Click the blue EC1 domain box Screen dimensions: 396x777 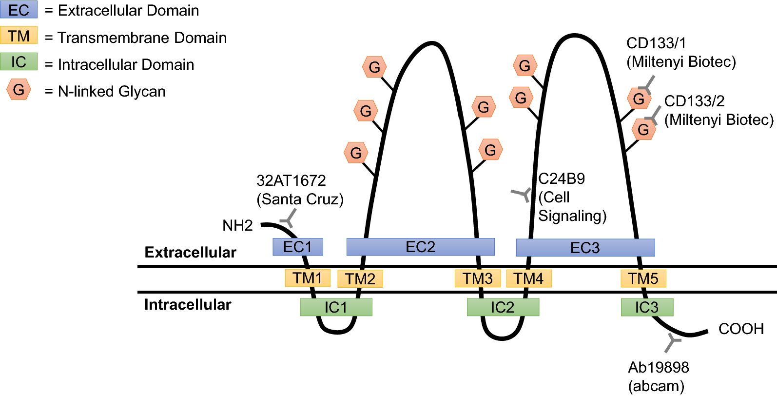point(297,247)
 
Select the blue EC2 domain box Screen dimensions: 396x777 point(420,247)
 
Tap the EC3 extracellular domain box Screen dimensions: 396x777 point(585,248)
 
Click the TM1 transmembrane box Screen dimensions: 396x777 point(307,278)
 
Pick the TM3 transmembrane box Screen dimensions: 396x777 point(477,278)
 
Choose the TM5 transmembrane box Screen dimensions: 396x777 point(642,278)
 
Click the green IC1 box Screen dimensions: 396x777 point(335,307)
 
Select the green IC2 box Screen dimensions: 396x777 point(503,307)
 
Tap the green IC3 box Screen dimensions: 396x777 point(646,307)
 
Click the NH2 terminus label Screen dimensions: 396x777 point(237,225)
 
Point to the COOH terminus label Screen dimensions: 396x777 point(740,329)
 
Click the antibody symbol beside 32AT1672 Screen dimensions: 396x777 point(289,218)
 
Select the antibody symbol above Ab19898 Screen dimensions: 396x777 point(672,342)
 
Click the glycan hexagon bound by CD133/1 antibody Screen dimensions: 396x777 point(639,99)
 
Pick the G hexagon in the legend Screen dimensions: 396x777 point(19,90)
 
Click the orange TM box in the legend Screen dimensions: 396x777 point(19,36)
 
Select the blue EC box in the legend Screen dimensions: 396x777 point(19,10)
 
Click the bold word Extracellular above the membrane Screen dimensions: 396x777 point(190,252)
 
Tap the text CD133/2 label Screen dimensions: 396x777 point(694,101)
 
